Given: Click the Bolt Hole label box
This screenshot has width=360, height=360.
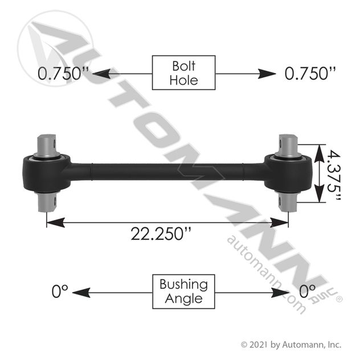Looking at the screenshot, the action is click(183, 72).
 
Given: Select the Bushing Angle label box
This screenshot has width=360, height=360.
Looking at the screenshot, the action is click(183, 291).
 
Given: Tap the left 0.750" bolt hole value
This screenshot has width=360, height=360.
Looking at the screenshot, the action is click(63, 73).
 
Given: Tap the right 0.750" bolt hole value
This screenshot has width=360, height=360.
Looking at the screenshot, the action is click(310, 73).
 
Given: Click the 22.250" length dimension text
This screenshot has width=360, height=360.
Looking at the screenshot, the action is click(161, 234).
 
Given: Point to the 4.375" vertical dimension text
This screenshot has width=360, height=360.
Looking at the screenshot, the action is click(333, 174).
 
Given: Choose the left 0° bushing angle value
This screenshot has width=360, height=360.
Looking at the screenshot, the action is click(60, 291).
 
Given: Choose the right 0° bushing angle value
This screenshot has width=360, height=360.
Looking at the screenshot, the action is click(308, 291).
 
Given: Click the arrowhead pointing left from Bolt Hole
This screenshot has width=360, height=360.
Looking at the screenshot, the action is click(101, 74).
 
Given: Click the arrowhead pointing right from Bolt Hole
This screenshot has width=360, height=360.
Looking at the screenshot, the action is click(267, 74).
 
